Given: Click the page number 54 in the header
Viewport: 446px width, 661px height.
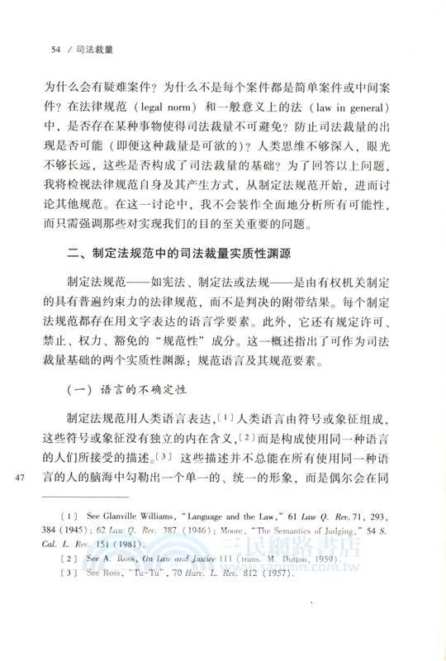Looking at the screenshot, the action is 55,50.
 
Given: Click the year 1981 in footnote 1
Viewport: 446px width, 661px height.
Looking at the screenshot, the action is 164,564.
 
